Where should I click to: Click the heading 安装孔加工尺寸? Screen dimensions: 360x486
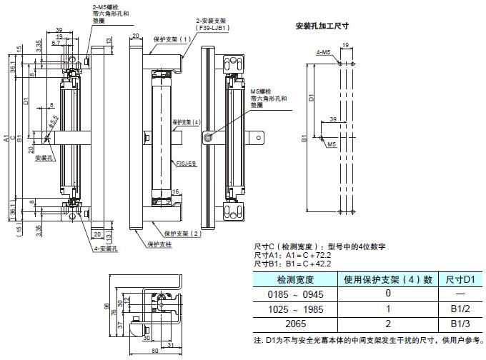click(x=322, y=26)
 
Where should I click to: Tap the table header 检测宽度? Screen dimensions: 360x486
click(x=294, y=279)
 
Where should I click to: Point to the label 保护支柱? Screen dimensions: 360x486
click(x=160, y=244)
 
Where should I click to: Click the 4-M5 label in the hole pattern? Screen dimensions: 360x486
click(x=323, y=52)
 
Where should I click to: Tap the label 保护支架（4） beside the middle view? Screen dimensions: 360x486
click(x=187, y=122)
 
